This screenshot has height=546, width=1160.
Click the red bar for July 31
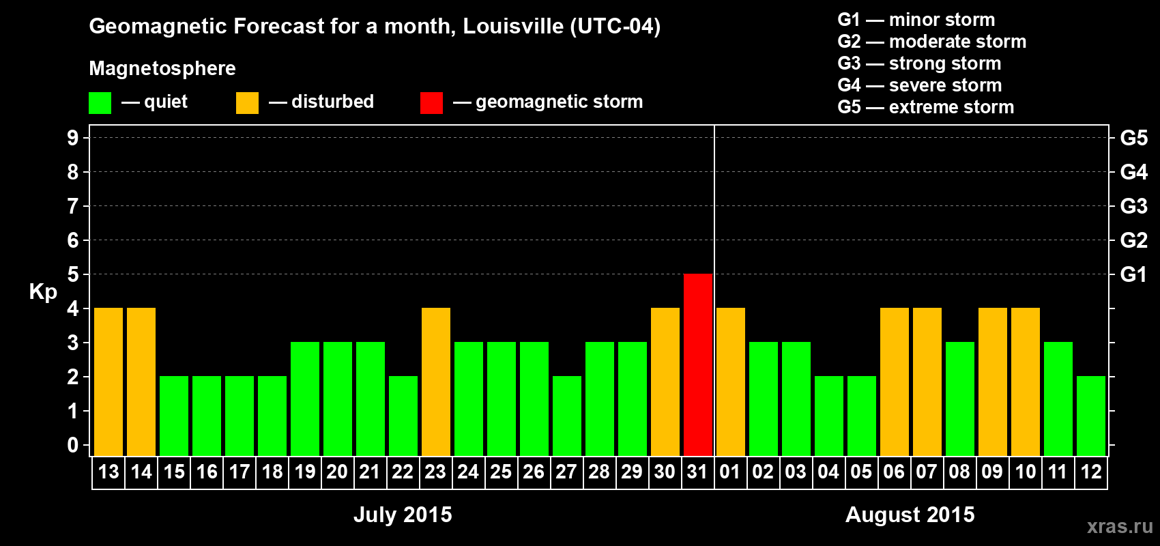pyautogui.click(x=698, y=365)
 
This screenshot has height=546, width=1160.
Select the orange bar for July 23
pyautogui.click(x=436, y=382)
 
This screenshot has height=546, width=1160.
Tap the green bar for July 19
pyautogui.click(x=305, y=399)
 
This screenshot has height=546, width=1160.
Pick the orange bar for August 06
pyautogui.click(x=895, y=382)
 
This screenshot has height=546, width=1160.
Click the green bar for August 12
pyautogui.click(x=1091, y=416)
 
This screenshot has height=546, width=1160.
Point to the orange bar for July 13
pyautogui.click(x=108, y=382)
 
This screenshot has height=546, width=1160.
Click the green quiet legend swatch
pyautogui.click(x=100, y=103)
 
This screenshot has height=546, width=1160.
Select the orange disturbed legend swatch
pyautogui.click(x=247, y=103)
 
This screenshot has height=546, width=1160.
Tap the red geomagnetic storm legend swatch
pyautogui.click(x=431, y=103)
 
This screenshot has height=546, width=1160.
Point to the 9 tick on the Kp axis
pyautogui.click(x=73, y=138)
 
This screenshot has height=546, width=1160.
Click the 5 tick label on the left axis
pyautogui.click(x=73, y=274)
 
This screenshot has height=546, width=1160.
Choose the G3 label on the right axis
pyautogui.click(x=1133, y=206)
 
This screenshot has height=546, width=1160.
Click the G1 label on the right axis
pyautogui.click(x=1133, y=274)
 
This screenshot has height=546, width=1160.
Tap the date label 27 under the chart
pyautogui.click(x=566, y=472)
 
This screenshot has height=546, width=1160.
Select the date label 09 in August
pyautogui.click(x=992, y=472)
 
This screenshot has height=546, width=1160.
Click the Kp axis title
pyautogui.click(x=43, y=292)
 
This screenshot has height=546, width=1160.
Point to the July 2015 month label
pyautogui.click(x=403, y=515)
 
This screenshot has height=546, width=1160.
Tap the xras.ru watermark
pyautogui.click(x=1120, y=526)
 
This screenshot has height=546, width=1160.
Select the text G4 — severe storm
pyautogui.click(x=919, y=85)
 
